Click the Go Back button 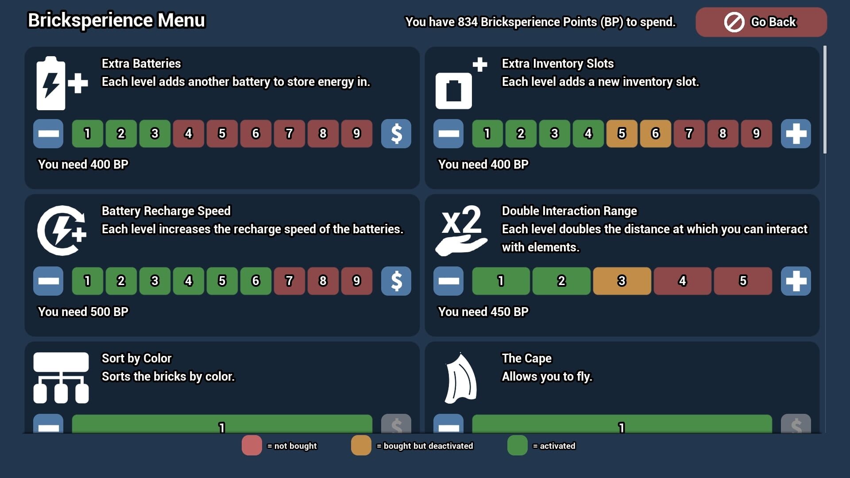761,22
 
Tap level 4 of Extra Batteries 188,133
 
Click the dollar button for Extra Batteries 396,133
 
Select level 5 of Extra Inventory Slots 622,133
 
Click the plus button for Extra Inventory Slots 796,133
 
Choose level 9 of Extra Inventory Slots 756,133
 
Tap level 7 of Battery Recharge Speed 289,281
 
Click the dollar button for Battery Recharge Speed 396,281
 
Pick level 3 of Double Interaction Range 622,281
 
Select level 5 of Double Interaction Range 743,281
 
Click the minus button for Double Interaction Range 448,281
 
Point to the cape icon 461,378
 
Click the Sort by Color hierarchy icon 61,378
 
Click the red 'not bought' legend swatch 251,445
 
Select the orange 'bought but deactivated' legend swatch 361,445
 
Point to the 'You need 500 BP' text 83,312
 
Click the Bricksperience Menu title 116,20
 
